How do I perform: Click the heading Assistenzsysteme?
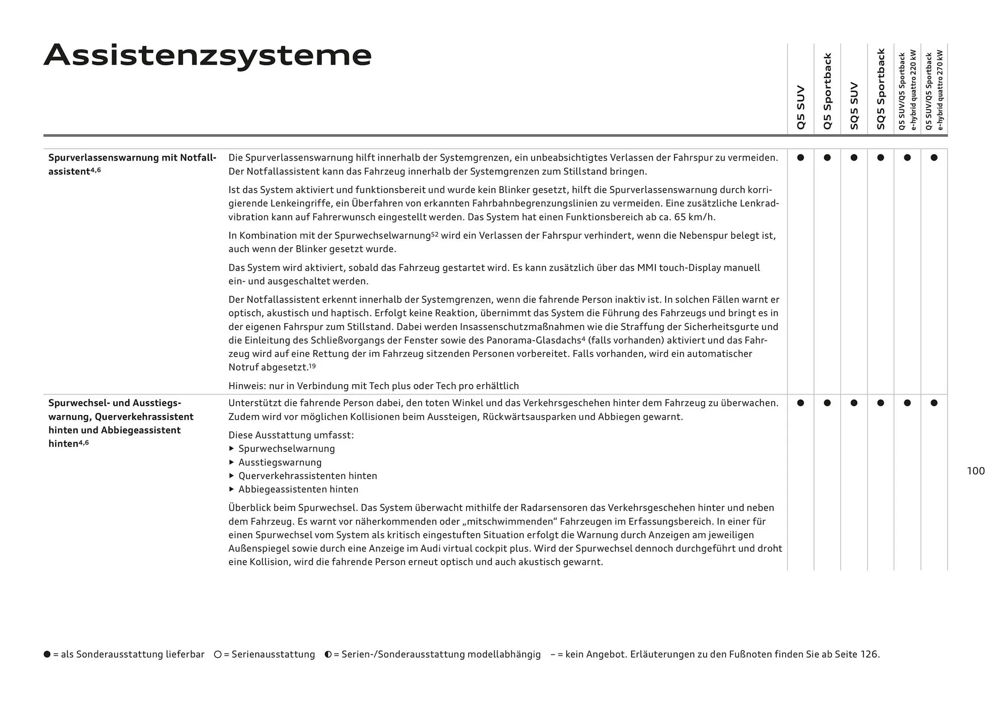(x=207, y=55)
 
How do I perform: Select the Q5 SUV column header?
(x=801, y=107)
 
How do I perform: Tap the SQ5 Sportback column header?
(x=881, y=89)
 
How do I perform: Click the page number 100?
(x=976, y=471)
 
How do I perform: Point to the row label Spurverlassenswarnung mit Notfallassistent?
(x=132, y=164)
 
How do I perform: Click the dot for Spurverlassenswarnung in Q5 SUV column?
(x=801, y=157)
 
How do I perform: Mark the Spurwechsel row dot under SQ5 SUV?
(x=854, y=403)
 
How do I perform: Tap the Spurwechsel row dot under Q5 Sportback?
(x=827, y=403)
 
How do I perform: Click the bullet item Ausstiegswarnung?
(x=280, y=463)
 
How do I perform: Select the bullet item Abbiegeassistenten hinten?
(x=298, y=489)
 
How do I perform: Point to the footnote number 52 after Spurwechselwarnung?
(x=435, y=234)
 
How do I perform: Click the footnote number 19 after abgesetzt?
(x=312, y=366)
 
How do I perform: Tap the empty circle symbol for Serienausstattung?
(x=218, y=655)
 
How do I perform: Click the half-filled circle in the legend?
(x=328, y=655)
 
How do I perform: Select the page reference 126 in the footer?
(x=869, y=655)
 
